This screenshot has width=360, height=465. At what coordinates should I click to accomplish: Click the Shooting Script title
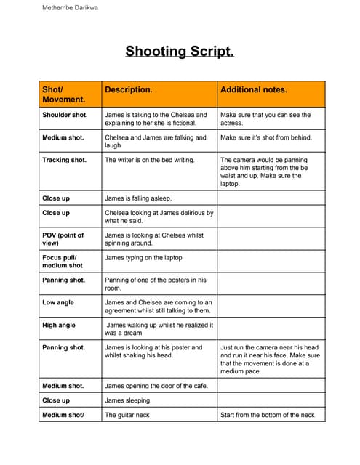click(x=180, y=51)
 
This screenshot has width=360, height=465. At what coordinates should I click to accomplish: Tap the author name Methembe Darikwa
click(x=70, y=7)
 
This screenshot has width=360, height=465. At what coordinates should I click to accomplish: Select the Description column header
click(x=129, y=90)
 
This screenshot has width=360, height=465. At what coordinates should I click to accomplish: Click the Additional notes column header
click(x=254, y=90)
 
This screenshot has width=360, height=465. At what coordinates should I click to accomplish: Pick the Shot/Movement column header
click(x=63, y=94)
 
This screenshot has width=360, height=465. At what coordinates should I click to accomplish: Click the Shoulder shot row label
click(x=65, y=115)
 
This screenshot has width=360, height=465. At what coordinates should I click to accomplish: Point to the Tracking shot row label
click(x=64, y=160)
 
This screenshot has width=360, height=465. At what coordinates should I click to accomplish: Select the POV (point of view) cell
click(x=63, y=239)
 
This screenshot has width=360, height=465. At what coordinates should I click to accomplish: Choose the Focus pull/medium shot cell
click(x=63, y=262)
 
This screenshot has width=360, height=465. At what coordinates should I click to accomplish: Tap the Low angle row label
click(x=59, y=302)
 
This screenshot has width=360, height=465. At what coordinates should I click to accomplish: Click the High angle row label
click(x=59, y=325)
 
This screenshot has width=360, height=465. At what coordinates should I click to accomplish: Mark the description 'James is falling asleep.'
click(x=138, y=198)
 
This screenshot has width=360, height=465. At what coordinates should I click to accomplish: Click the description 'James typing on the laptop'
click(x=143, y=258)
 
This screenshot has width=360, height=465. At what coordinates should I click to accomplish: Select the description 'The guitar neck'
click(x=131, y=415)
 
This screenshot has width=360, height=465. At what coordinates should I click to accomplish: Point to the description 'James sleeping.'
click(x=128, y=400)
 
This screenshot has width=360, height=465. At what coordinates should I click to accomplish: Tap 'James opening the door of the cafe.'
click(x=156, y=386)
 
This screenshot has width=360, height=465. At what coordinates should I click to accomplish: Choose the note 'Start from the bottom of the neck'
click(x=267, y=415)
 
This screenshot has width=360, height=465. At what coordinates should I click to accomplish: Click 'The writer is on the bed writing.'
click(x=150, y=160)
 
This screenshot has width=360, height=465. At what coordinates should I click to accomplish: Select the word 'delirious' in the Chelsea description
click(x=191, y=213)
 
